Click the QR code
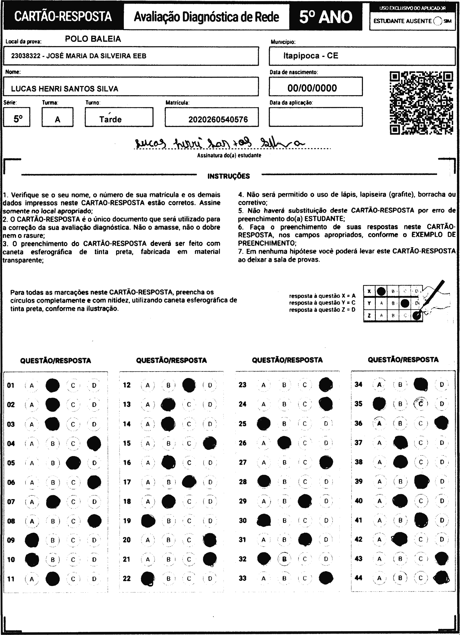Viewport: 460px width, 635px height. pos(421,103)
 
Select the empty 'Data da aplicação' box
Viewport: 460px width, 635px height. pos(315,117)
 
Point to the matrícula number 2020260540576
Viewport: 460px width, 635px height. pos(218,119)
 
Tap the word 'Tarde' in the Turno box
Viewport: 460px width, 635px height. pos(110,119)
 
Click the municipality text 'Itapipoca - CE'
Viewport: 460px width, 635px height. pos(311,56)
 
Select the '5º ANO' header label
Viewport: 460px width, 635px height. pos(326,17)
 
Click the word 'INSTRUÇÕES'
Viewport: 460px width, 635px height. pos(229,176)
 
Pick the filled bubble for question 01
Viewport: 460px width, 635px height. pos(52,385)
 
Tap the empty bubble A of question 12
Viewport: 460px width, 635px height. pos(148,385)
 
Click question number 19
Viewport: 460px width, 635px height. pos(127,521)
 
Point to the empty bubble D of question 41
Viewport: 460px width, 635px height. pos(442,520)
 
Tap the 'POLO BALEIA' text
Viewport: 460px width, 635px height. pos(93,39)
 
